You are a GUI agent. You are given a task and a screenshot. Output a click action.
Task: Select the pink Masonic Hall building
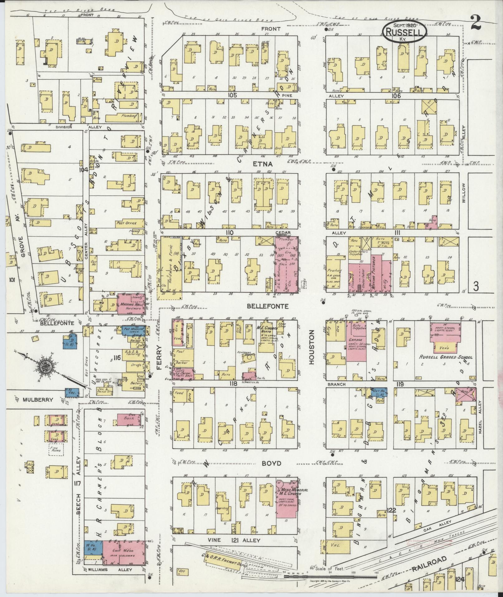[131, 304]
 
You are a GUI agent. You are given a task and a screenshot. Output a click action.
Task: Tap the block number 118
[233, 383]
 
